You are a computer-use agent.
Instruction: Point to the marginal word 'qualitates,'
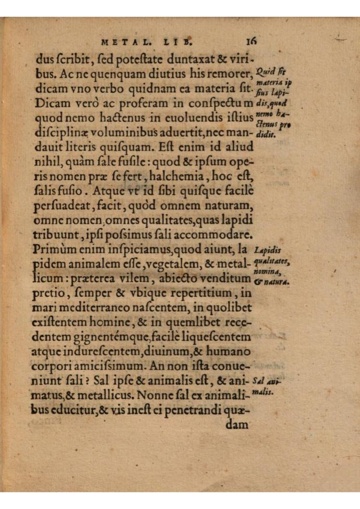pos(272,261)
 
